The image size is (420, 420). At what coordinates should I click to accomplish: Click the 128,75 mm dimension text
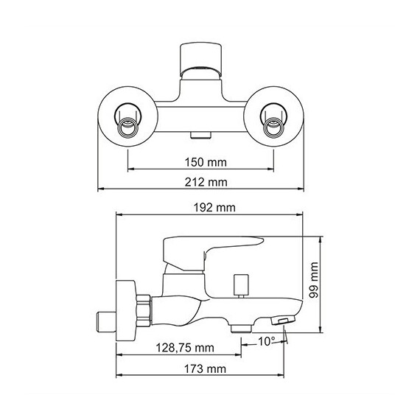click(x=183, y=347)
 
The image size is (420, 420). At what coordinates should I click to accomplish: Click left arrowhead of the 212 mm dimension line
click(x=101, y=189)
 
